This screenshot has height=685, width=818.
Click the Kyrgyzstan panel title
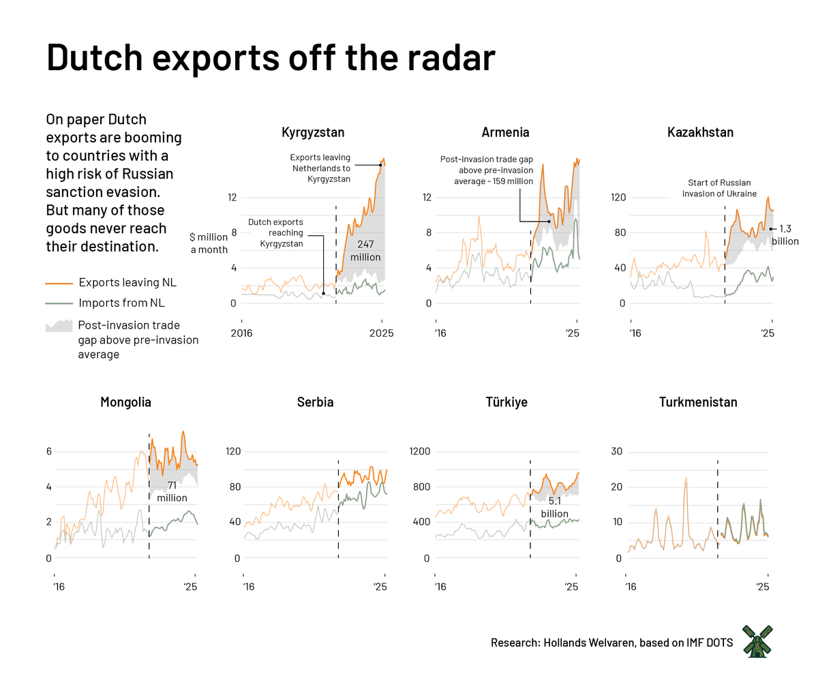pyautogui.click(x=313, y=132)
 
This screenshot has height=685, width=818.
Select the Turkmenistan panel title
pyautogui.click(x=698, y=402)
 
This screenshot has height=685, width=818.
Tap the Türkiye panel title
pyautogui.click(x=506, y=402)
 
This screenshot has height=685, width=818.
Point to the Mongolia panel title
pyautogui.click(x=125, y=402)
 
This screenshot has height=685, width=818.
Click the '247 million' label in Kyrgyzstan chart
pyautogui.click(x=365, y=250)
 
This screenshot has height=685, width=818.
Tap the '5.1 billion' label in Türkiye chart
pyautogui.click(x=554, y=508)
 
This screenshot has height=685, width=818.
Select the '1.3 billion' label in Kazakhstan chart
pyautogui.click(x=785, y=235)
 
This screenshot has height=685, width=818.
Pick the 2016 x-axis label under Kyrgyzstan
pyautogui.click(x=242, y=333)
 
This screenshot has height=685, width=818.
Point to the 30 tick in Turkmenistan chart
pyautogui.click(x=618, y=451)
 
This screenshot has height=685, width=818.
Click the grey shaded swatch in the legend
pyautogui.click(x=59, y=325)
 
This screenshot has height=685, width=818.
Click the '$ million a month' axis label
pyautogui.click(x=209, y=243)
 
